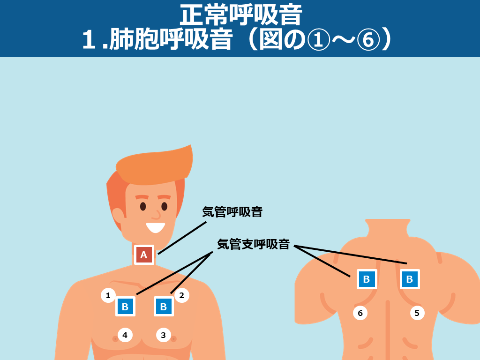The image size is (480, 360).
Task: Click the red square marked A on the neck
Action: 144,255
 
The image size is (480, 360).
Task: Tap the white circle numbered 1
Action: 108,295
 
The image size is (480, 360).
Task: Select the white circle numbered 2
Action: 182,295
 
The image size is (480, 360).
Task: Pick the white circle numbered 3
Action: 164,335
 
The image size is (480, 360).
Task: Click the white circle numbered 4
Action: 125,335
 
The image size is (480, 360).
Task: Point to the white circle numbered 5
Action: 417,313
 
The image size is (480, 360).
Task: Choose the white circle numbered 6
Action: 360,313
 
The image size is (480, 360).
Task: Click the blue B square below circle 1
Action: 125,307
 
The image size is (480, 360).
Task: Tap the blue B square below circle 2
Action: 164,307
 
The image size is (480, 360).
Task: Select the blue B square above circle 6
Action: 367,279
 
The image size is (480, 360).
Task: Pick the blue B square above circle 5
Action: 410,279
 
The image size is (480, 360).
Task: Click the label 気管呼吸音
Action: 232,212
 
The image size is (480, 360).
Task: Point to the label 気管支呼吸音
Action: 254,244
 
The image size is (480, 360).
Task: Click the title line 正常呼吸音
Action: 241,15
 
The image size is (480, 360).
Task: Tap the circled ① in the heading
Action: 318,39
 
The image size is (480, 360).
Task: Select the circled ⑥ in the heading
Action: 368,39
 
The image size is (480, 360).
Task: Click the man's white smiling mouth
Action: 156,227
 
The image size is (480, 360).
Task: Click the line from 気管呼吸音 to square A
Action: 182,238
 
